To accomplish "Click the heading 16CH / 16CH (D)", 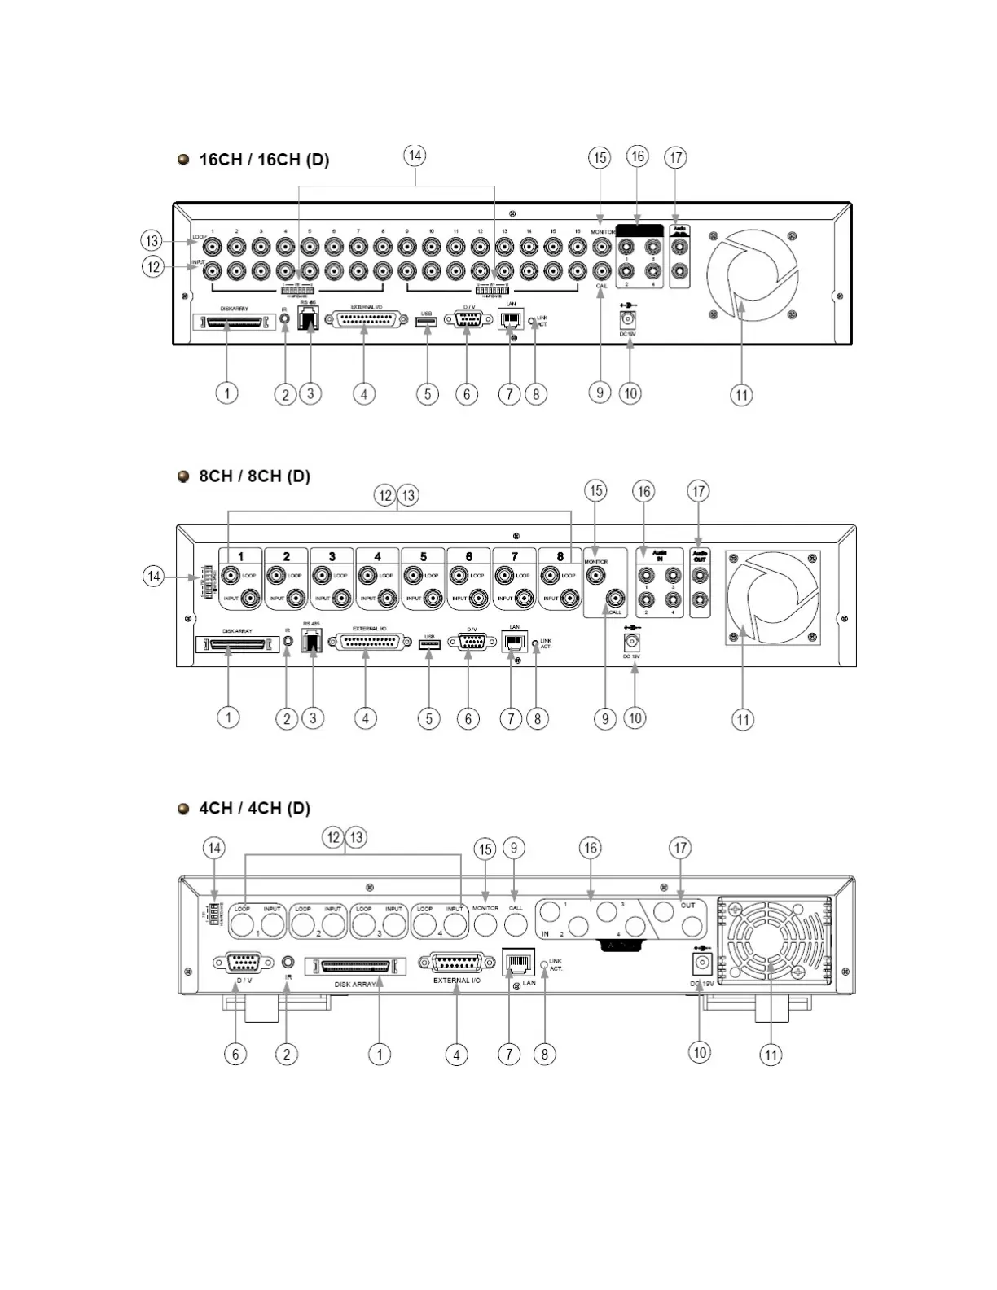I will click(x=264, y=160).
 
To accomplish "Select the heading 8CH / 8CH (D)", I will click(x=254, y=476).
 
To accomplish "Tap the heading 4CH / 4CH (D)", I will click(x=254, y=809).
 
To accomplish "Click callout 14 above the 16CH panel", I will click(x=415, y=156).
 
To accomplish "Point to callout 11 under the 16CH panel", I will click(x=740, y=395).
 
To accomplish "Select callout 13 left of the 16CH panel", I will click(x=152, y=241).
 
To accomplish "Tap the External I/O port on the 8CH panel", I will click(x=369, y=643).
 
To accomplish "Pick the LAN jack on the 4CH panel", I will click(x=518, y=963).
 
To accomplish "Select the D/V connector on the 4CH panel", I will click(x=243, y=963).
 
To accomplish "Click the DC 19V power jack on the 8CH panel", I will click(x=631, y=641).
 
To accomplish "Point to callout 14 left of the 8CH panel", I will click(x=153, y=577).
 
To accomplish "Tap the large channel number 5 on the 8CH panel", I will click(x=424, y=557).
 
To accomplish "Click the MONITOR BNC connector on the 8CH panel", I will click(x=596, y=576).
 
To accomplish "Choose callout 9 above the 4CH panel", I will click(x=513, y=848).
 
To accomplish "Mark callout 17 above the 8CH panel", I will click(x=698, y=491).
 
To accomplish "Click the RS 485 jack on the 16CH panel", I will click(x=309, y=319).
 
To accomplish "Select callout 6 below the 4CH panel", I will click(x=235, y=1054).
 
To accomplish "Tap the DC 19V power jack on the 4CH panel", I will click(x=701, y=964).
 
